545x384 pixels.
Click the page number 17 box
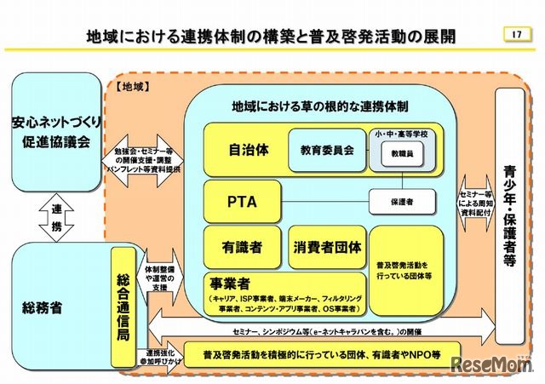point(514,34)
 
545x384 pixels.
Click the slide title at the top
point(271,36)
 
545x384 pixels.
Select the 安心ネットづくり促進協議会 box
point(56,130)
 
